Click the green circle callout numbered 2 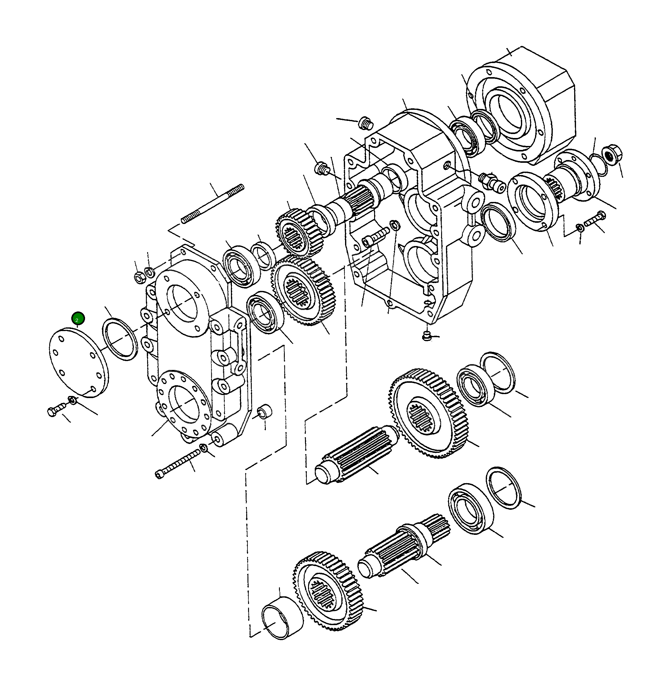[x=78, y=319]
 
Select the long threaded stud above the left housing [x=213, y=204]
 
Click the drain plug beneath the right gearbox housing [x=426, y=336]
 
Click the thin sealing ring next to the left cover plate [x=120, y=339]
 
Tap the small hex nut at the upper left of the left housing [x=139, y=277]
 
